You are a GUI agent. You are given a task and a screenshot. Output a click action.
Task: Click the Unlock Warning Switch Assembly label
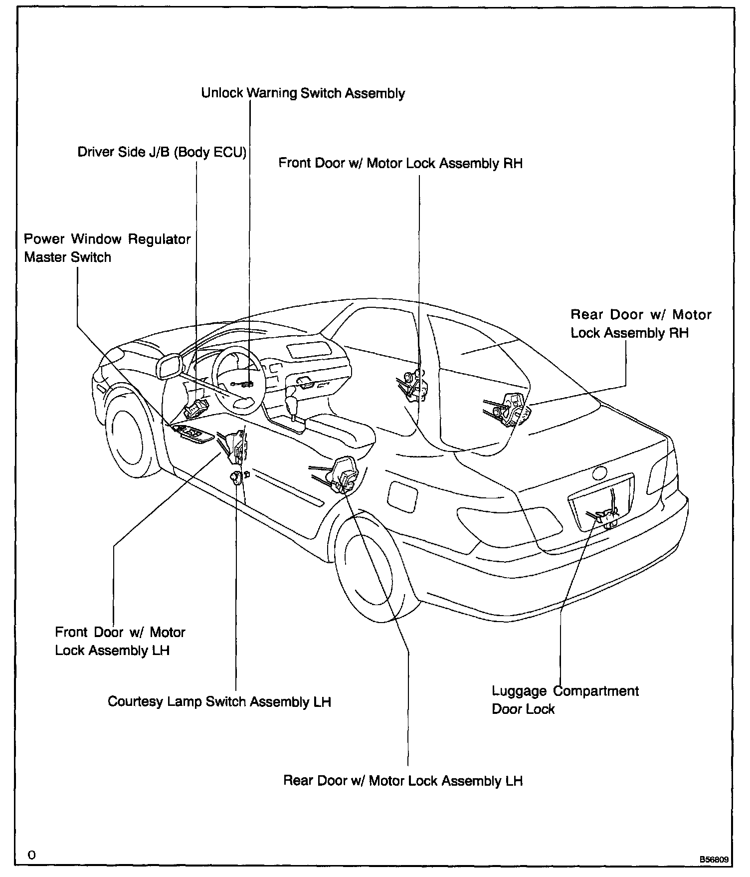[x=303, y=93]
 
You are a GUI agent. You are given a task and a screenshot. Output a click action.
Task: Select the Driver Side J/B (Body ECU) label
[x=162, y=152]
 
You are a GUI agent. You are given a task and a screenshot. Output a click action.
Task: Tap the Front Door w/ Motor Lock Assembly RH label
[x=400, y=164]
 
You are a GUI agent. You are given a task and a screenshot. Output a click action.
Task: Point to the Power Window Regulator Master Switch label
[x=107, y=248]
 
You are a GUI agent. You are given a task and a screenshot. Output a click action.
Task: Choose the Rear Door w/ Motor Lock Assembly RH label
[x=641, y=324]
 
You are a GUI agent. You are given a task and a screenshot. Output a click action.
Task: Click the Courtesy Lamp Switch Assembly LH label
[x=219, y=702]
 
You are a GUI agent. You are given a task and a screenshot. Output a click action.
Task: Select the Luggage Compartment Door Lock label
[x=565, y=700]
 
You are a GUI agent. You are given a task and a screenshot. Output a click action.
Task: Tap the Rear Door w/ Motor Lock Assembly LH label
[x=403, y=781]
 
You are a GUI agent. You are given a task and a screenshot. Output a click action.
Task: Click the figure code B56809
[x=714, y=860]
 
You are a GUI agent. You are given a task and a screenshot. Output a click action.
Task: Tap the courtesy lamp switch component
[x=234, y=477]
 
